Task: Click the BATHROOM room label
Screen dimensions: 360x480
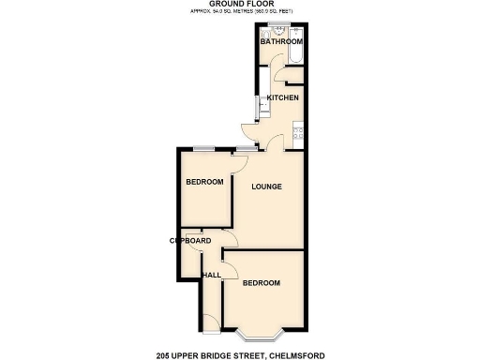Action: click(281, 42)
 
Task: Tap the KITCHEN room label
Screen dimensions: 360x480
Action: click(282, 98)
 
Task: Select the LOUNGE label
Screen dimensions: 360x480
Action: click(266, 187)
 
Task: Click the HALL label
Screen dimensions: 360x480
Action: click(211, 275)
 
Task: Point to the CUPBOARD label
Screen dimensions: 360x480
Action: click(188, 241)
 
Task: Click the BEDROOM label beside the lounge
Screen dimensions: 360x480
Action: click(204, 182)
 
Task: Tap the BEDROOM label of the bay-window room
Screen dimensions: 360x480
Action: click(262, 283)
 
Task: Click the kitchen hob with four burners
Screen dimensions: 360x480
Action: click(298, 133)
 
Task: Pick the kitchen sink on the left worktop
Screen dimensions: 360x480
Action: click(263, 105)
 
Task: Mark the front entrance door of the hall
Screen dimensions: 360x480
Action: click(212, 324)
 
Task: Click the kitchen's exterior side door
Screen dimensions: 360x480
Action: click(247, 131)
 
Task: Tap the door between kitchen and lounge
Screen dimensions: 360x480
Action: click(273, 144)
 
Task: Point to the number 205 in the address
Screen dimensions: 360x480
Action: click(166, 354)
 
